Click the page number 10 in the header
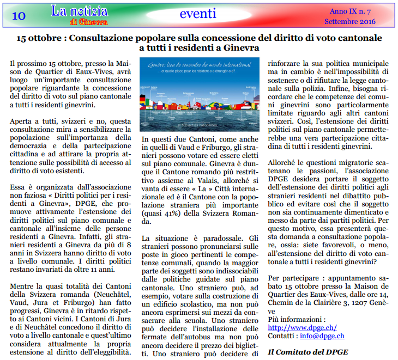click(x=18, y=16)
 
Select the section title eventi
click(x=197, y=14)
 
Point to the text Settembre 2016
click(x=349, y=21)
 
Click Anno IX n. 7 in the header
click(x=349, y=11)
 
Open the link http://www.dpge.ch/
click(x=302, y=327)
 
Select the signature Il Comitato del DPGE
click(x=307, y=352)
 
